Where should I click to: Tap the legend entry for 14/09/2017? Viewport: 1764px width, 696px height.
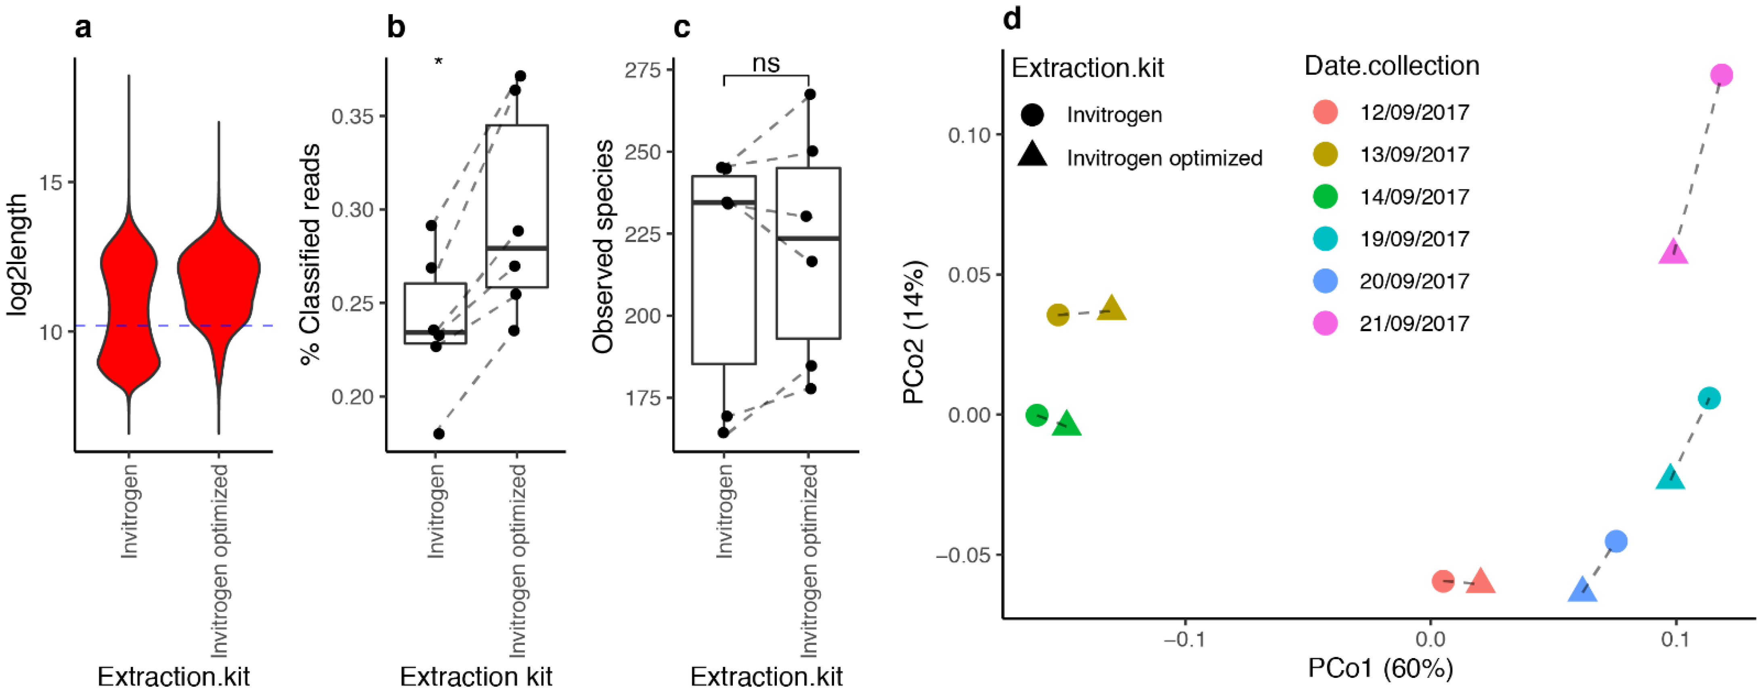pos(1414,197)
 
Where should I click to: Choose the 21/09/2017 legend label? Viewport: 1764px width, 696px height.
pos(1414,323)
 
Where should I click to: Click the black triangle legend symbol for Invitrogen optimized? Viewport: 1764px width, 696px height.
pos(1032,156)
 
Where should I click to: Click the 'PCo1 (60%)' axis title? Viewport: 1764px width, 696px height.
pos(1380,668)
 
